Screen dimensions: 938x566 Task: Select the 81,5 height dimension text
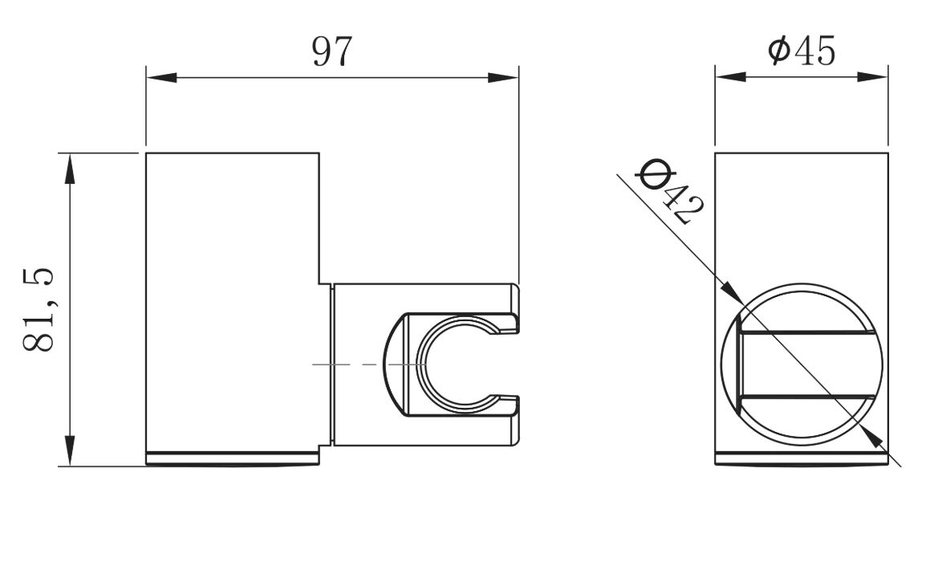(x=39, y=309)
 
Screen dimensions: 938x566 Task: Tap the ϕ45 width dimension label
(x=802, y=51)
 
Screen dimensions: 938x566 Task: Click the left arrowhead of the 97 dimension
(x=161, y=77)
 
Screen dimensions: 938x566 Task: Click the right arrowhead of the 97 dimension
(x=503, y=77)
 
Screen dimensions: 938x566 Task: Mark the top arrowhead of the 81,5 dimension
(x=70, y=169)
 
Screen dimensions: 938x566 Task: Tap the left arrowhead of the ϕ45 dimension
(x=730, y=76)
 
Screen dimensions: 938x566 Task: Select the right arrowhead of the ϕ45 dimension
(x=873, y=76)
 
